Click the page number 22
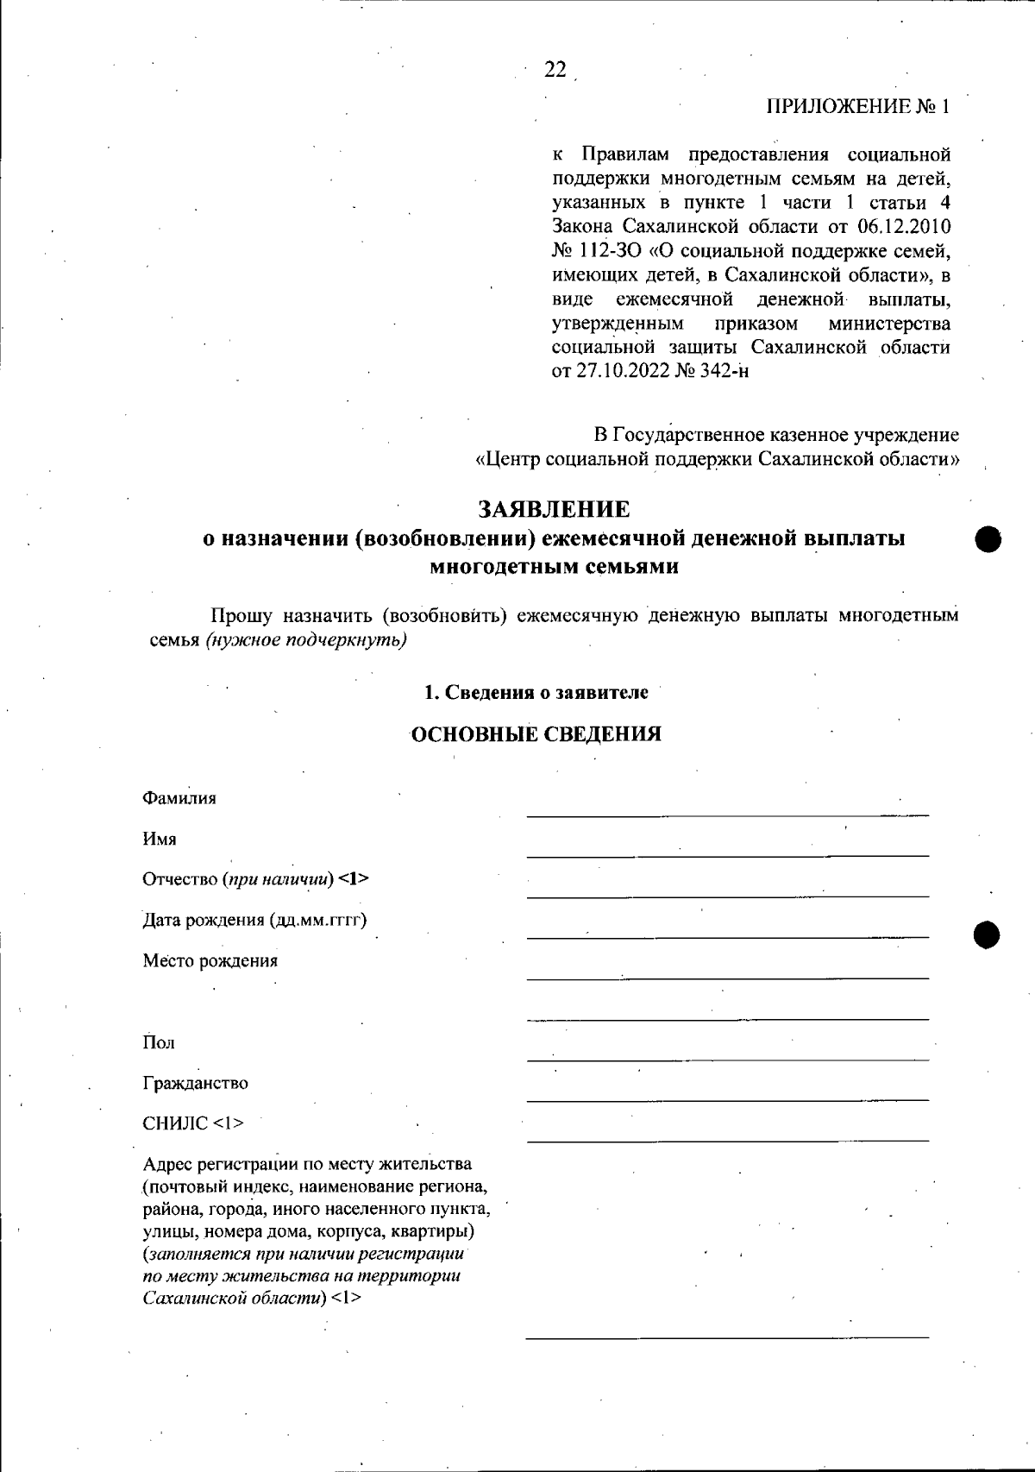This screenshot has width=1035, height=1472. [555, 70]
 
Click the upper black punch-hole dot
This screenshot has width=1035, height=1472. [988, 539]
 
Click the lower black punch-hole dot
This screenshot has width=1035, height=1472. [988, 934]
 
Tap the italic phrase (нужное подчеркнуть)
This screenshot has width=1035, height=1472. [306, 640]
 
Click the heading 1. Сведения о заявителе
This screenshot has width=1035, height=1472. [536, 692]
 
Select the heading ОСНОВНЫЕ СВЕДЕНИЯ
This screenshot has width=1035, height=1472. [536, 734]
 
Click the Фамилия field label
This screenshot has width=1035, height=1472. [179, 798]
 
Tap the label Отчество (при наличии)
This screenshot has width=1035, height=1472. [255, 879]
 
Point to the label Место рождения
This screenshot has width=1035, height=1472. [210, 960]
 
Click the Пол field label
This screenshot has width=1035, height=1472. [159, 1042]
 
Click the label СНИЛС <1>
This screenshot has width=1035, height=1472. [192, 1123]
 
